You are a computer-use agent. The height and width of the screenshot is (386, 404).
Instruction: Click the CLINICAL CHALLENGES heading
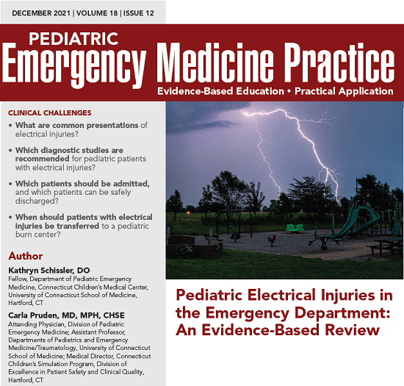(x=49, y=113)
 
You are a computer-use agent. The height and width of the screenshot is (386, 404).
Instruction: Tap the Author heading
(x=26, y=257)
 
